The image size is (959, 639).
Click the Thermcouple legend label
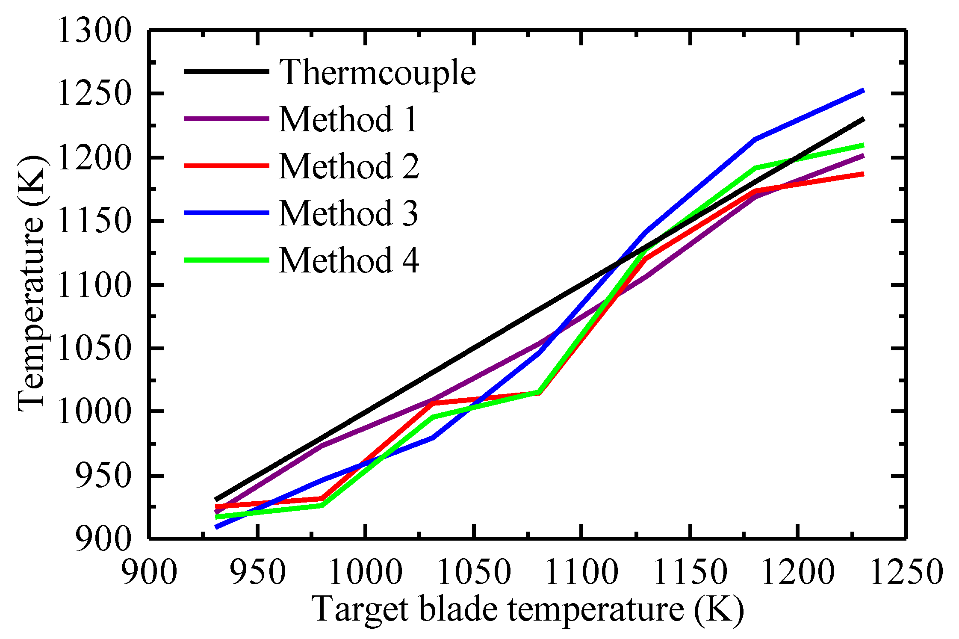pos(377,73)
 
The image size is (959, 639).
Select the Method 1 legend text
pos(348,119)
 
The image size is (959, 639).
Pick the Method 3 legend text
pos(348,213)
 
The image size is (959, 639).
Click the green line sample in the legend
pos(227,260)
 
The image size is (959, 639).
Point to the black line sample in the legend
pos(227,71)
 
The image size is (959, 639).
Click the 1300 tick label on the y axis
pos(93,31)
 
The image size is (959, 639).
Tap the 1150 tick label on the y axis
pos(93,222)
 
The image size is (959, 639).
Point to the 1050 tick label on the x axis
pos(474,572)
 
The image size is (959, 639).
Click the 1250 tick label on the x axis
pos(906,572)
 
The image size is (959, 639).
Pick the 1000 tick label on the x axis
pos(366,572)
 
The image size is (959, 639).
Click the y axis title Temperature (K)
pos(32,283)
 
